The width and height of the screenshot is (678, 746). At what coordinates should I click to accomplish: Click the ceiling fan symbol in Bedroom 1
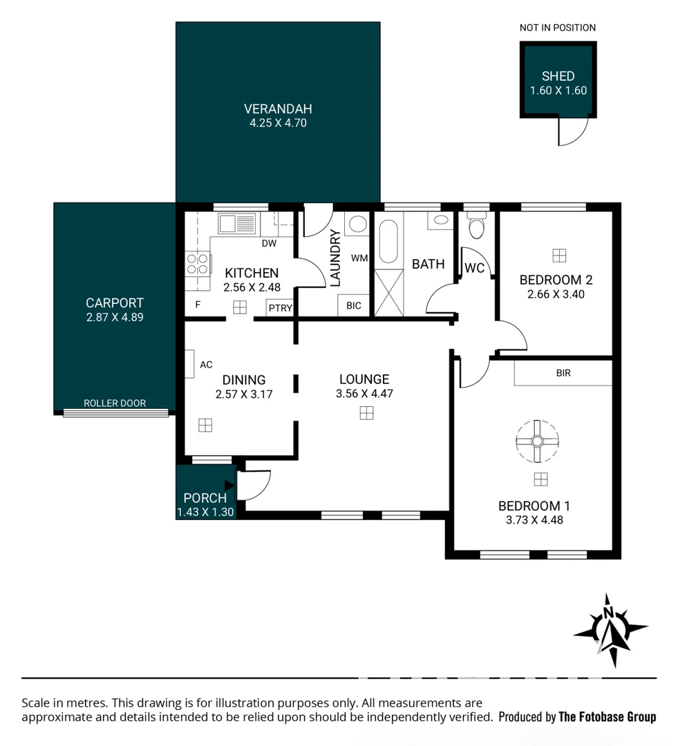[537, 441]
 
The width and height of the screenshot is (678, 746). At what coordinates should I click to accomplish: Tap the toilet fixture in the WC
[476, 225]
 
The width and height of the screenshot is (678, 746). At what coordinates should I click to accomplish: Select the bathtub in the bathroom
[389, 241]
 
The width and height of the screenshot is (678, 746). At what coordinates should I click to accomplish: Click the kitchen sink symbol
[236, 223]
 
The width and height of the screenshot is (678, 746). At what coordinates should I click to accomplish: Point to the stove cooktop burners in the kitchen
[197, 264]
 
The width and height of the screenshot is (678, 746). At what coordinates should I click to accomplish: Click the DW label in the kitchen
[269, 244]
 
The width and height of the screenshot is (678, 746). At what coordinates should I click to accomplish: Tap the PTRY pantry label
[281, 308]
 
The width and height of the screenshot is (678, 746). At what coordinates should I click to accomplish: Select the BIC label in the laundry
[354, 306]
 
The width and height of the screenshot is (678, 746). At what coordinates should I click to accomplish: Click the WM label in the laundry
[359, 258]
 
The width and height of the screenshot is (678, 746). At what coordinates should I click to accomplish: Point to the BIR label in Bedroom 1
[563, 373]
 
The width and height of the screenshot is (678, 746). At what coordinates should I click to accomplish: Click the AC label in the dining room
[206, 365]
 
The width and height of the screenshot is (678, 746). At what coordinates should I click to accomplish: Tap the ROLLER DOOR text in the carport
[115, 403]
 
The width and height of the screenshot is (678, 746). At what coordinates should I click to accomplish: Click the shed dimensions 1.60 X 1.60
[558, 90]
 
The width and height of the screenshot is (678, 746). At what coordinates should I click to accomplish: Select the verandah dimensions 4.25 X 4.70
[278, 123]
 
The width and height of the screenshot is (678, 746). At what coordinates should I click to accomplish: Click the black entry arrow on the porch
[229, 486]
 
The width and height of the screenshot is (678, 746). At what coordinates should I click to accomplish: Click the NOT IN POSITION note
[558, 28]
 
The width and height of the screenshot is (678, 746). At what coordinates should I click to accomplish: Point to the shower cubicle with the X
[389, 293]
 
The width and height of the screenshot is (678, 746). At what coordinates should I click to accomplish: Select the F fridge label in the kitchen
[198, 305]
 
